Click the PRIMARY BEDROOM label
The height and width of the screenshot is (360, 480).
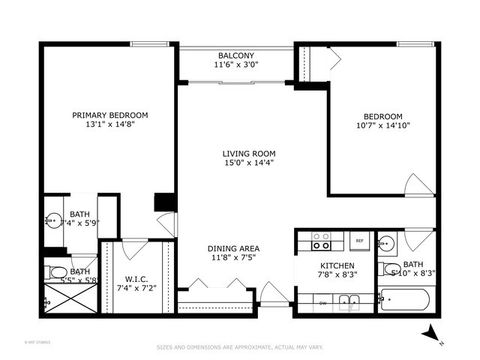click(x=96, y=115)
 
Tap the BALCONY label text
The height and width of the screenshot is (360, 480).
click(x=236, y=55)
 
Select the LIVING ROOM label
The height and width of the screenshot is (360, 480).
click(x=243, y=153)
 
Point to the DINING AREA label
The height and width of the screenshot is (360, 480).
click(x=234, y=248)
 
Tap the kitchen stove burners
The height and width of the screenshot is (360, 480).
click(x=321, y=241)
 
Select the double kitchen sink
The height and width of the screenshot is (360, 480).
click(x=348, y=301)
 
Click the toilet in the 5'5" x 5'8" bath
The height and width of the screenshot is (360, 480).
click(x=57, y=272)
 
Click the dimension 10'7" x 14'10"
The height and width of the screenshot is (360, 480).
click(x=383, y=126)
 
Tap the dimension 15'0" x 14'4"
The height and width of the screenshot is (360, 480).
click(x=243, y=164)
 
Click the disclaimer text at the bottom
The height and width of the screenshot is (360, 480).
click(x=239, y=348)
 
